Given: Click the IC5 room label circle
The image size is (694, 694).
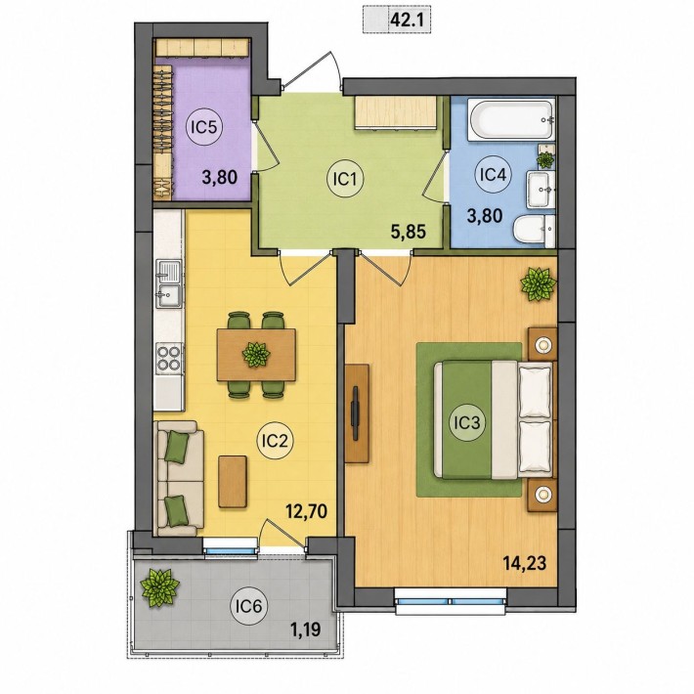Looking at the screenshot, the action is [204, 127].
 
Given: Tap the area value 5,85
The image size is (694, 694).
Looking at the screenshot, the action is [408, 232].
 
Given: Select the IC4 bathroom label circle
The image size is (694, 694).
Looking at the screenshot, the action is [493, 175].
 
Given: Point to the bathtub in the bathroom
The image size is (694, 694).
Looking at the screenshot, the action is [511, 120].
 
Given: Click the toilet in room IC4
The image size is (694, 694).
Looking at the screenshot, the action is [534, 231].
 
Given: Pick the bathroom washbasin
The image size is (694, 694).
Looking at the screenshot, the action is [541, 189].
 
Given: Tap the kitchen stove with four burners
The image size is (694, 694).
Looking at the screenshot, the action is [169, 358].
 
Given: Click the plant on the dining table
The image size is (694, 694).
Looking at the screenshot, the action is [256, 354].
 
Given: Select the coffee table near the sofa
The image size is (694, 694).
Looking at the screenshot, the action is [233, 481].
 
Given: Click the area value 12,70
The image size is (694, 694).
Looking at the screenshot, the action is [306, 511].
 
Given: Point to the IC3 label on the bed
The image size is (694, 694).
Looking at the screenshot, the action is [466, 422].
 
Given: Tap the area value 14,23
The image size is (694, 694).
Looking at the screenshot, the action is [525, 563].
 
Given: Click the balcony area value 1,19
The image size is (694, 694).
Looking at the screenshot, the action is [305, 629].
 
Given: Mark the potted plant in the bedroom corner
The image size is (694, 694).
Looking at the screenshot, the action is [538, 284].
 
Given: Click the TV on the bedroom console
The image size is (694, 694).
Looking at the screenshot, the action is [355, 412].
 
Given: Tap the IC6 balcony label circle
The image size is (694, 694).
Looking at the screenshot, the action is [248, 606].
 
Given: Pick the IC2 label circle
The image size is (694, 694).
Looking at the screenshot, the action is [276, 441].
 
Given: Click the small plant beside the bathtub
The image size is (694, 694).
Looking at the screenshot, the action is [544, 159].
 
